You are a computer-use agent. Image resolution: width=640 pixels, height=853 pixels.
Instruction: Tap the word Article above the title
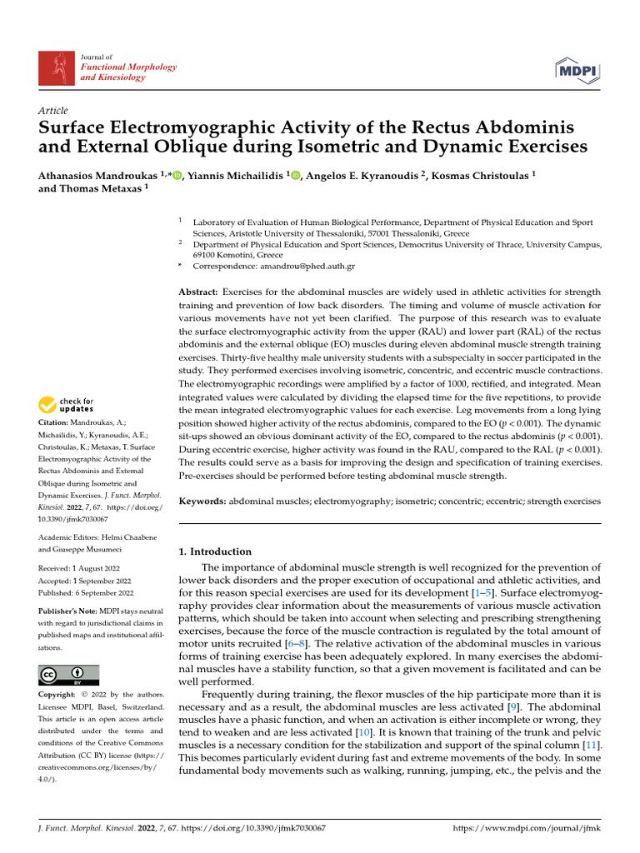click(x=53, y=111)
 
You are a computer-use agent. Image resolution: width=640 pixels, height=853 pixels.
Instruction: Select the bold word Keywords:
click(x=202, y=501)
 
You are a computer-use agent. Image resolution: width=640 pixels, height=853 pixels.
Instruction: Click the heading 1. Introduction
click(x=215, y=551)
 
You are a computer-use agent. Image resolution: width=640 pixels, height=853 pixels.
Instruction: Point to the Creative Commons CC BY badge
click(x=68, y=675)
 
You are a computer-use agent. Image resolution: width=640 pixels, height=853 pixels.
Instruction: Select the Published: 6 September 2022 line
click(x=86, y=593)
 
